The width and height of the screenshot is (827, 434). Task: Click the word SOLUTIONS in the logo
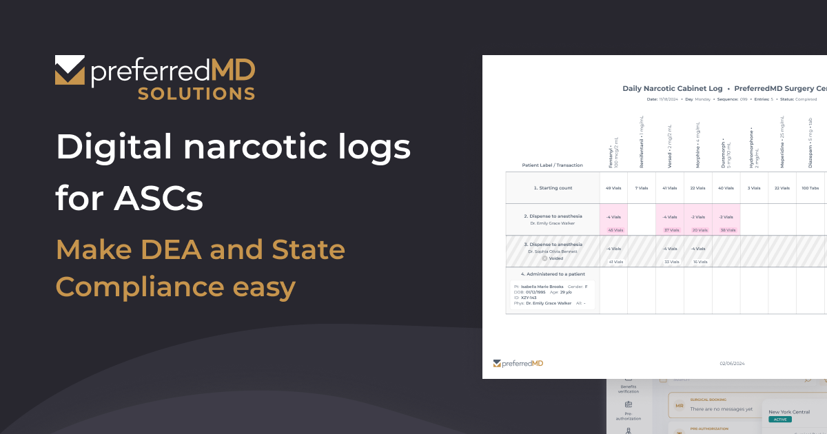coord(196,93)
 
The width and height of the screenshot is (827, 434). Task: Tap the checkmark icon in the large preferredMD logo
coord(70,71)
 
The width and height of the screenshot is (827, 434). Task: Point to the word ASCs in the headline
coord(167,198)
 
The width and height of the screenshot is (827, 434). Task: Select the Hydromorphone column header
coord(755,147)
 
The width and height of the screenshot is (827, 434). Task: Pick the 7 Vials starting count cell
coord(642,188)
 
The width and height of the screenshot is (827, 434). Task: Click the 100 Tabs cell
coord(810,188)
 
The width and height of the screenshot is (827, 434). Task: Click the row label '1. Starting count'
coord(553,188)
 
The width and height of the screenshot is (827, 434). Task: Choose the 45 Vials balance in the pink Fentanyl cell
coord(615,230)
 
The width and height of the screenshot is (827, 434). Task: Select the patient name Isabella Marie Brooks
coord(542,286)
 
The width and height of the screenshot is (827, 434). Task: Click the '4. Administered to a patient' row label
coord(553,274)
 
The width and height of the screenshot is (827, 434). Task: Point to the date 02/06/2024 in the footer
coord(732,363)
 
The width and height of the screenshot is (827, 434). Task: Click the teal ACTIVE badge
coord(779,419)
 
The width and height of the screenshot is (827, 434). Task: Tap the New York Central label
coord(789,411)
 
